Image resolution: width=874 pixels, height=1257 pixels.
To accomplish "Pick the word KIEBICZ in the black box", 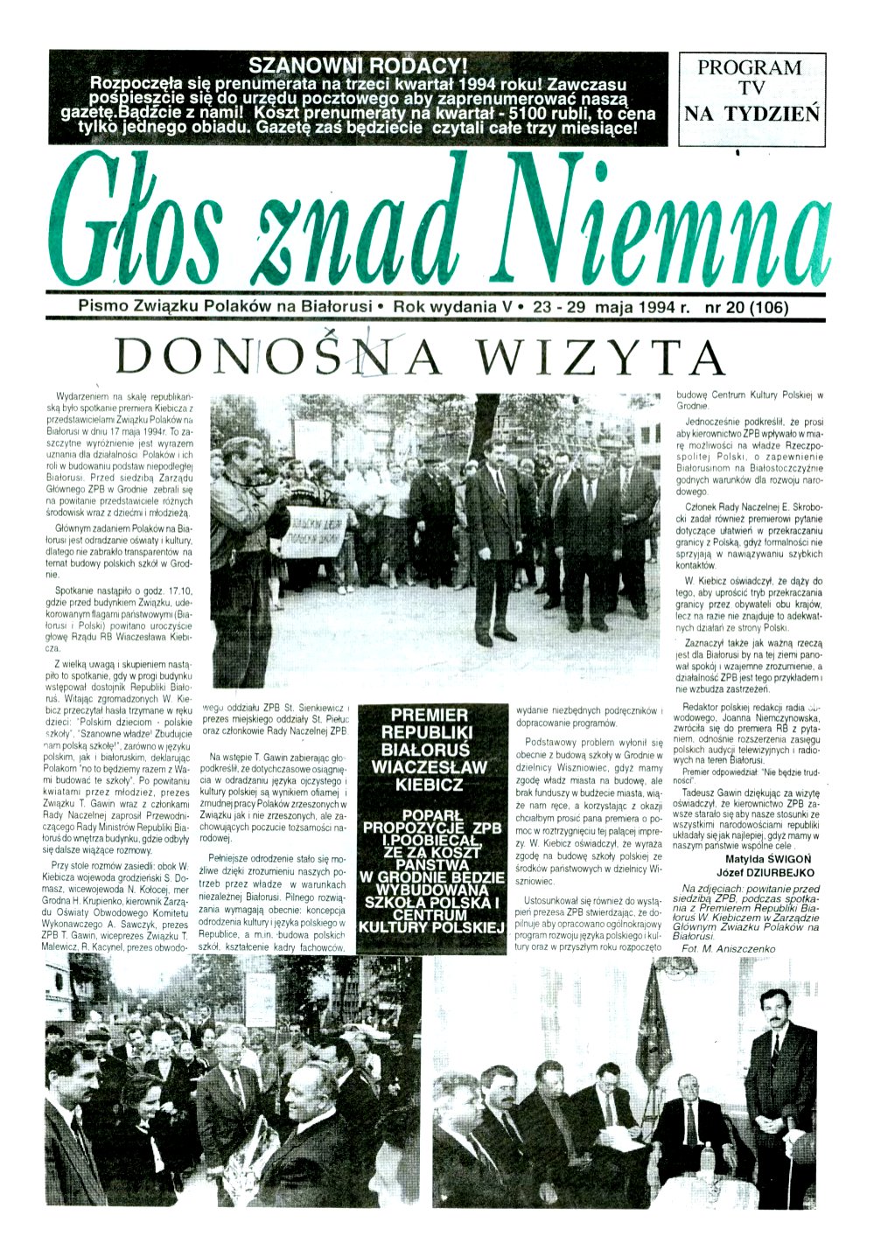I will coord(429,785).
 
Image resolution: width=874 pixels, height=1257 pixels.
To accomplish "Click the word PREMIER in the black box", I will coord(429,715).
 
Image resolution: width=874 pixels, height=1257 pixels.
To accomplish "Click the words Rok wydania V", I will coord(451,308).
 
